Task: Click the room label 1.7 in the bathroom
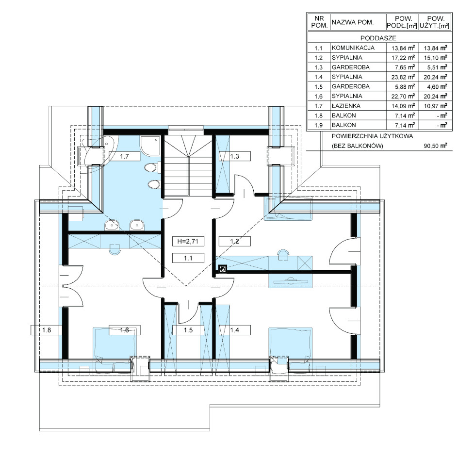click(x=124, y=156)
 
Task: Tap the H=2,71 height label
click(x=188, y=241)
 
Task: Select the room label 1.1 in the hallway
click(x=188, y=258)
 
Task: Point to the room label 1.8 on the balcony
click(x=47, y=330)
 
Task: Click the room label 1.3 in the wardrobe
click(x=234, y=156)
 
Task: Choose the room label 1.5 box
click(x=188, y=330)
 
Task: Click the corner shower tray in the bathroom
click(x=150, y=146)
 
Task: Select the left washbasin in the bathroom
click(x=112, y=225)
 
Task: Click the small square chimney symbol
click(x=223, y=269)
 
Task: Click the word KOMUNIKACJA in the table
click(x=353, y=48)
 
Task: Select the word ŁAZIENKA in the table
click(x=346, y=106)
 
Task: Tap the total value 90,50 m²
click(x=435, y=146)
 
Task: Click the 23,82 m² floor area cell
click(x=403, y=77)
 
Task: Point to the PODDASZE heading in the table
click(x=378, y=38)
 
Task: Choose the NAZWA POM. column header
click(x=353, y=22)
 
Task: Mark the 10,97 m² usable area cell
click(x=435, y=106)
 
